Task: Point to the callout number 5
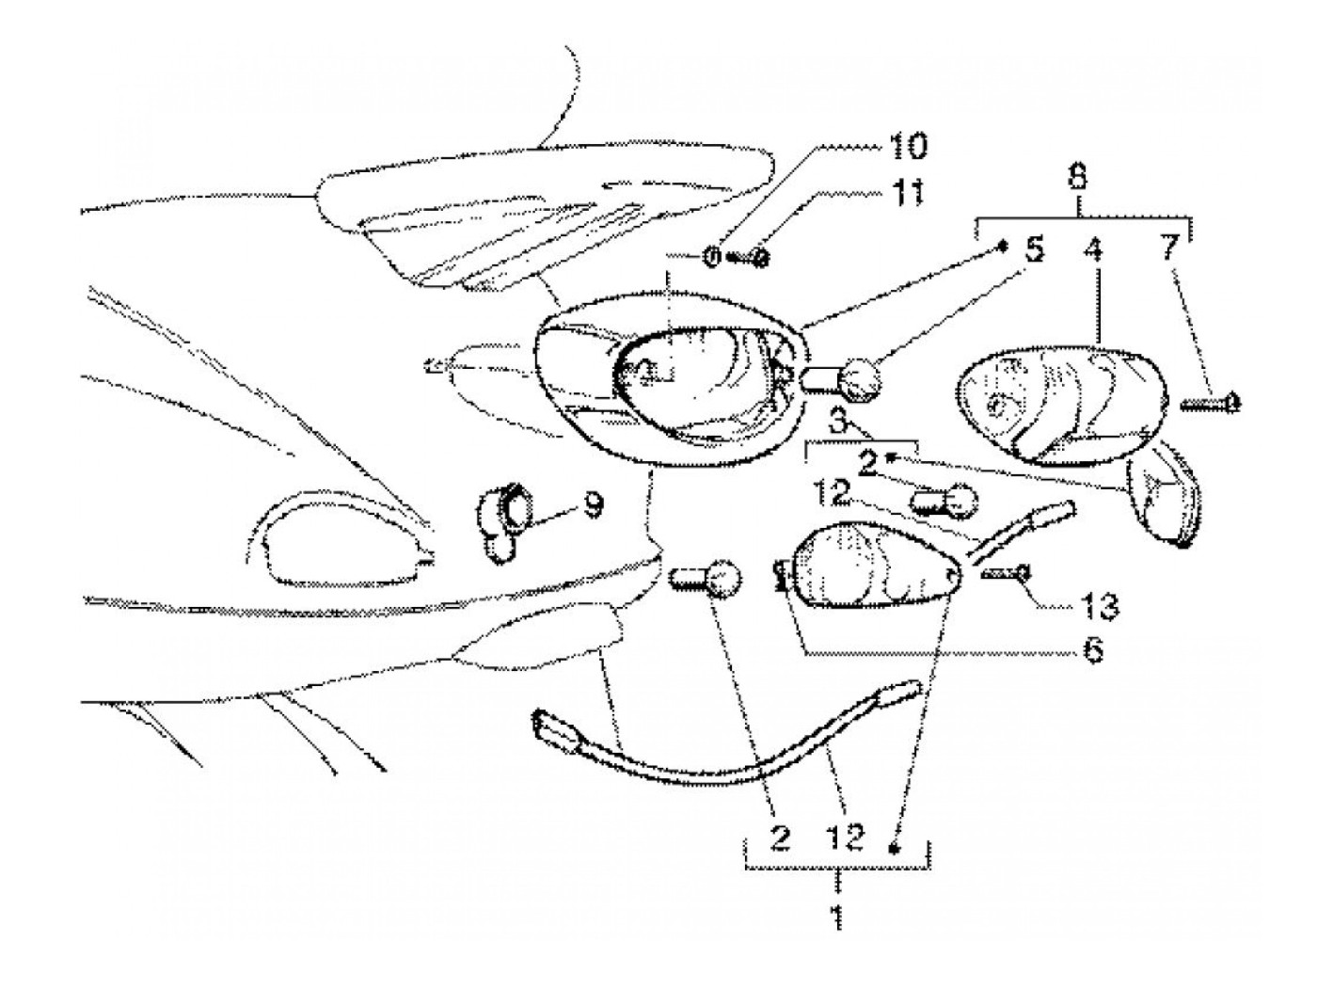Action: tap(1033, 252)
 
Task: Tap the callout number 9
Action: tap(592, 508)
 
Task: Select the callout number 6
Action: tap(1093, 650)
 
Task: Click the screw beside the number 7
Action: tap(1212, 405)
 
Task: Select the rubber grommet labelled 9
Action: tap(503, 519)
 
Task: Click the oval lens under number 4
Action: tap(1060, 405)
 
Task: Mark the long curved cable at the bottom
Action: tap(724, 743)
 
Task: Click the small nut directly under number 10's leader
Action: tap(712, 255)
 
